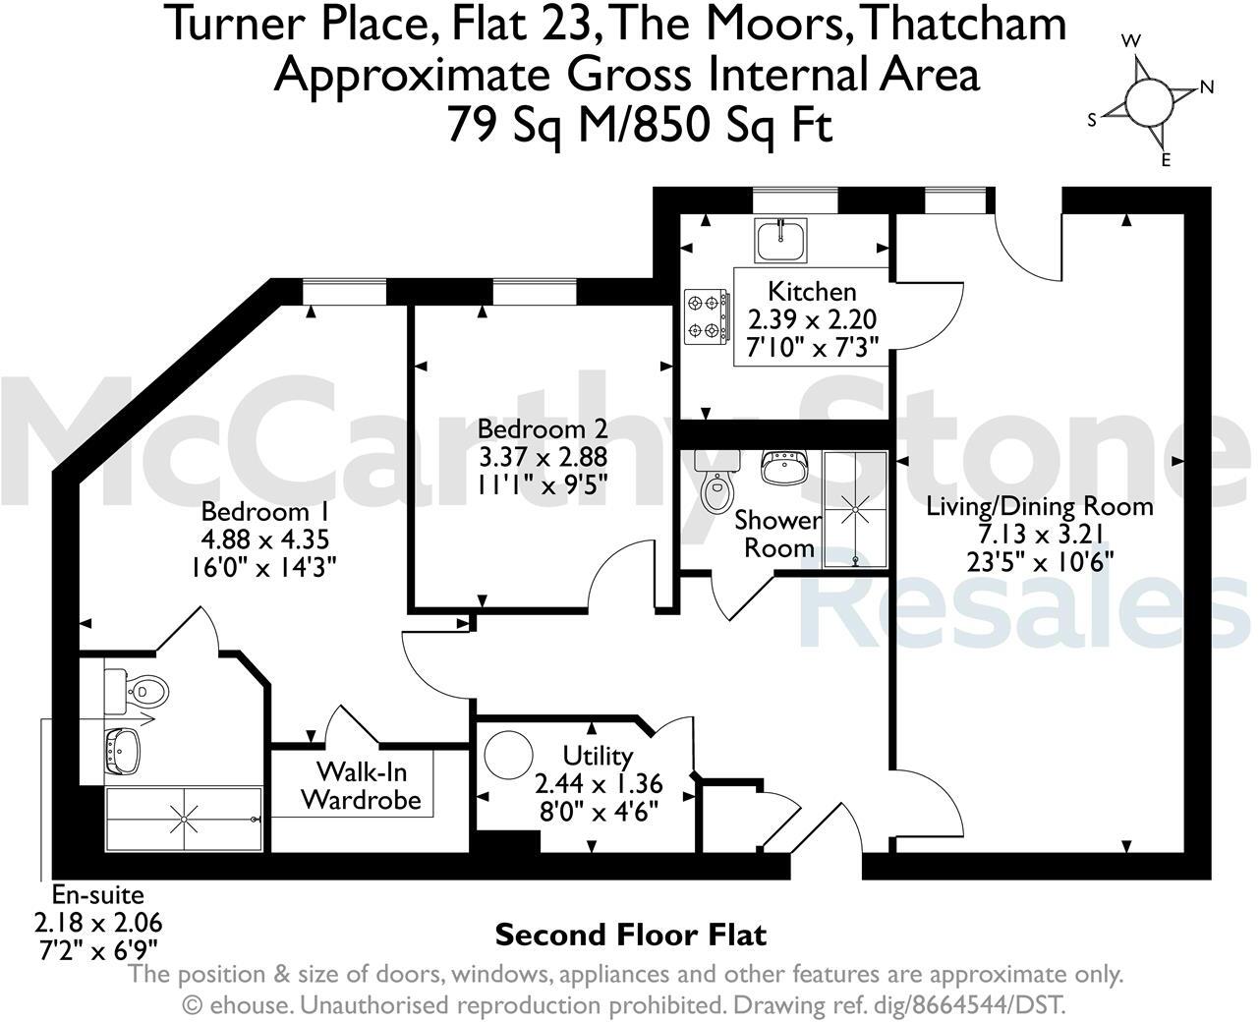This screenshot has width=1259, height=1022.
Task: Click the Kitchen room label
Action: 812,292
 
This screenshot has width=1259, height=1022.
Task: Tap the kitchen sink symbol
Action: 781,239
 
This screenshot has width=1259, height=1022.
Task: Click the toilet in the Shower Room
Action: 717,482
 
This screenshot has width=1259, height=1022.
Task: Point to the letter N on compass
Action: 1207,87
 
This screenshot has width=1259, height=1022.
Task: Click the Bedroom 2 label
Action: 543,429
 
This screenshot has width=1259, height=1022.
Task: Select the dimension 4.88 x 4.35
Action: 264,539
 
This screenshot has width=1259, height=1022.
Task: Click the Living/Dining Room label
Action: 1040,507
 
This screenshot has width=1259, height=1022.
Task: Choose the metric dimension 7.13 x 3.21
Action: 1040,534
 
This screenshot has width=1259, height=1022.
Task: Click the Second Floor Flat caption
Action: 630,934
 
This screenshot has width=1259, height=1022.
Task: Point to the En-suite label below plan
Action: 98,895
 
